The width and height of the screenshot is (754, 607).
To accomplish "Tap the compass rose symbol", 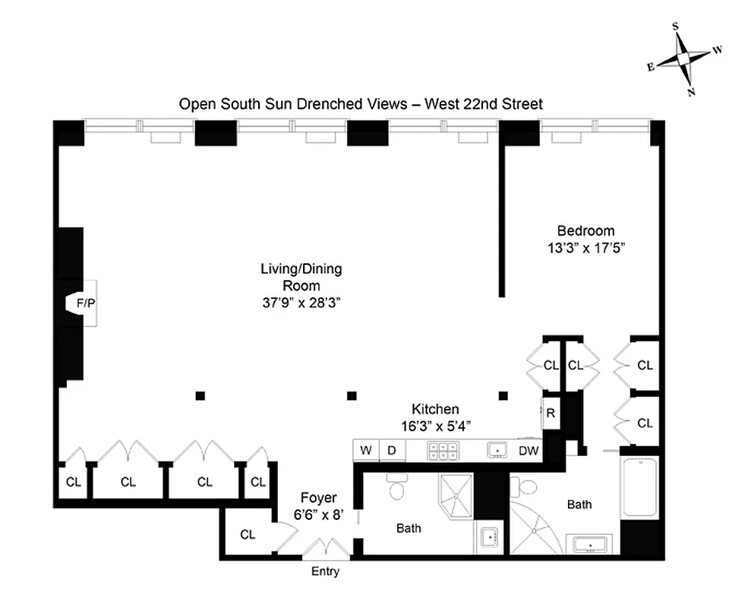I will click(684, 59).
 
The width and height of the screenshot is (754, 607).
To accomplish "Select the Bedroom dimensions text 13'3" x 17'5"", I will click(585, 247).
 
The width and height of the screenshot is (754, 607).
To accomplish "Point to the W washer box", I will click(366, 451).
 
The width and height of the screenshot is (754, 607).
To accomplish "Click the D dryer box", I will click(392, 451).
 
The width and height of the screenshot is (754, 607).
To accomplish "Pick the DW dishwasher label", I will click(528, 451).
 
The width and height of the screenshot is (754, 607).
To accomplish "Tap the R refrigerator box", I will click(551, 414).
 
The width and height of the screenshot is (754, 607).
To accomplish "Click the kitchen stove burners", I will click(440, 451).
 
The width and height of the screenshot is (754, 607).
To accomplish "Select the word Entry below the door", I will click(325, 571).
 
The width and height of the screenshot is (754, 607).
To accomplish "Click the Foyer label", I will click(318, 498).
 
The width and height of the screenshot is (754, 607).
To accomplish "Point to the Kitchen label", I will click(435, 409).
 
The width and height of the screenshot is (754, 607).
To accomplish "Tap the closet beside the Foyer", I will click(248, 534).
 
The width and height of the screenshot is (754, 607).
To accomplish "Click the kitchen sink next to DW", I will click(497, 451).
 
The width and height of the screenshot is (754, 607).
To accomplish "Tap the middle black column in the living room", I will click(352, 395).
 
